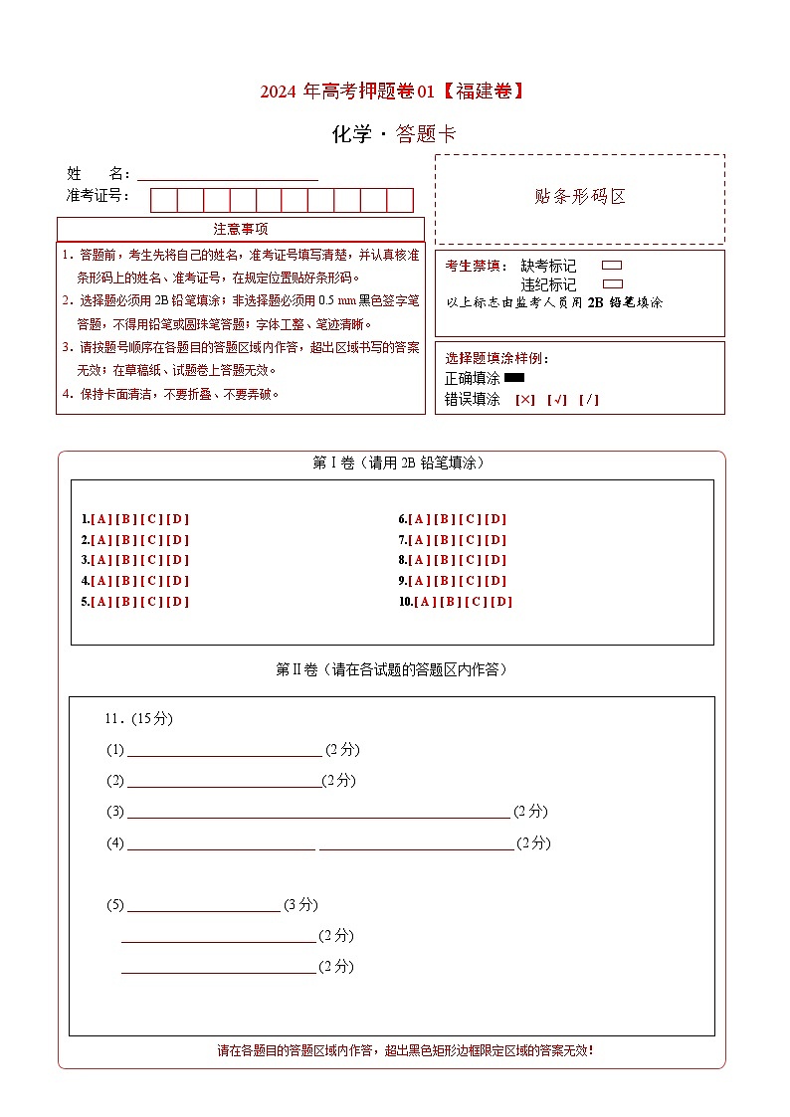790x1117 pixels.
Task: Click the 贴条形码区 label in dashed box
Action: tap(580, 197)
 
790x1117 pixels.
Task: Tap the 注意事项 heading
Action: tap(240, 229)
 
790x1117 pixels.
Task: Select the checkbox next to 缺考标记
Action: tap(612, 266)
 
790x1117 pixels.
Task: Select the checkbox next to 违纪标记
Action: tap(612, 283)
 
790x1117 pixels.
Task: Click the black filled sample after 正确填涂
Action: tap(514, 378)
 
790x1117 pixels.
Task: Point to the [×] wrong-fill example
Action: tap(524, 400)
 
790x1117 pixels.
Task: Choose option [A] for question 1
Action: tap(100, 519)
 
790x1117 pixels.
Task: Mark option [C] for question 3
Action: tap(151, 560)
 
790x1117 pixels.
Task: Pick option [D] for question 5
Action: tap(177, 602)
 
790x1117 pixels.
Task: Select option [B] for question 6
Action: tap(444, 519)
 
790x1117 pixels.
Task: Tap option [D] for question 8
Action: tap(494, 560)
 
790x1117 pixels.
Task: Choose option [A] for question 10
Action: tap(425, 602)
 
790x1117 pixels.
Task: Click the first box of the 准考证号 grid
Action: tap(163, 200)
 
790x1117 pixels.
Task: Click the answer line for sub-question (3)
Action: tap(318, 812)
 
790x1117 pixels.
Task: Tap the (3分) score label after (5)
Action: tap(300, 905)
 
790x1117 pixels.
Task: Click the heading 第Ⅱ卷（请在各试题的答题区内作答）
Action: tap(391, 670)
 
